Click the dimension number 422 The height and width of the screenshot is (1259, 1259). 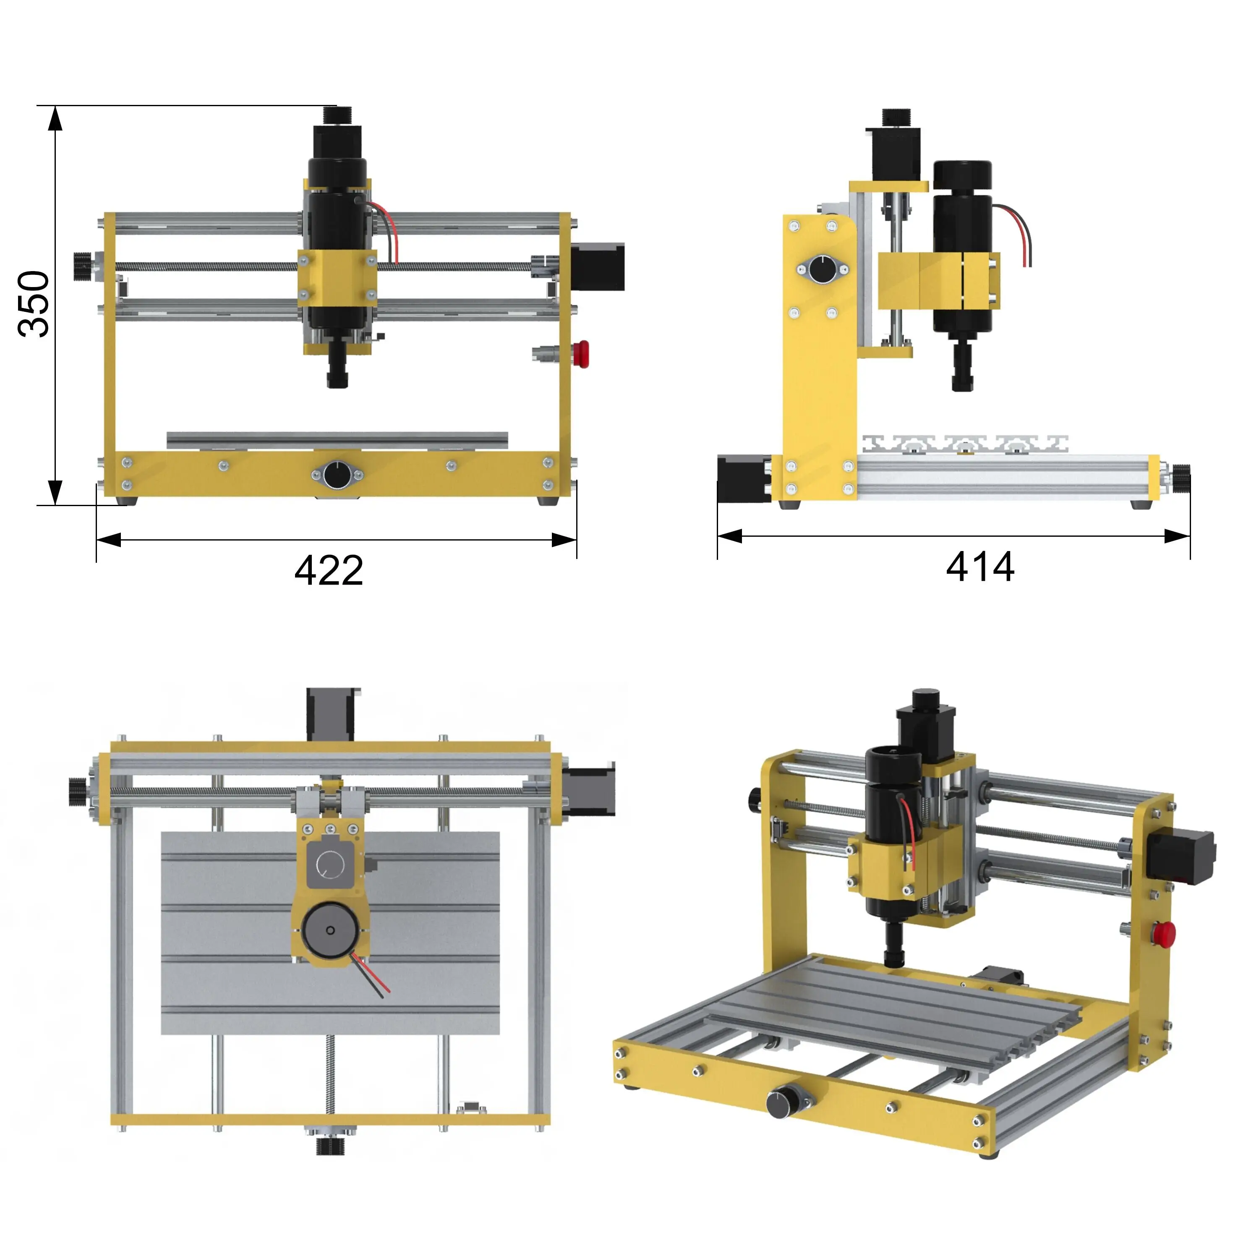click(x=329, y=571)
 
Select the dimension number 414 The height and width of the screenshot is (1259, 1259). click(x=980, y=567)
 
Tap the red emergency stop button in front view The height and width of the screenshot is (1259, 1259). click(x=581, y=354)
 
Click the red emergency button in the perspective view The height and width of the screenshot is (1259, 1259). click(x=1165, y=933)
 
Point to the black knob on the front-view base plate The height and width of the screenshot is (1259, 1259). click(x=336, y=474)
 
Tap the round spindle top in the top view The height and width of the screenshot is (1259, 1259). click(x=330, y=930)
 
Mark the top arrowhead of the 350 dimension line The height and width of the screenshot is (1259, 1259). click(x=55, y=119)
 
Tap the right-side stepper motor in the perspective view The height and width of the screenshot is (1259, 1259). click(x=1180, y=856)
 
